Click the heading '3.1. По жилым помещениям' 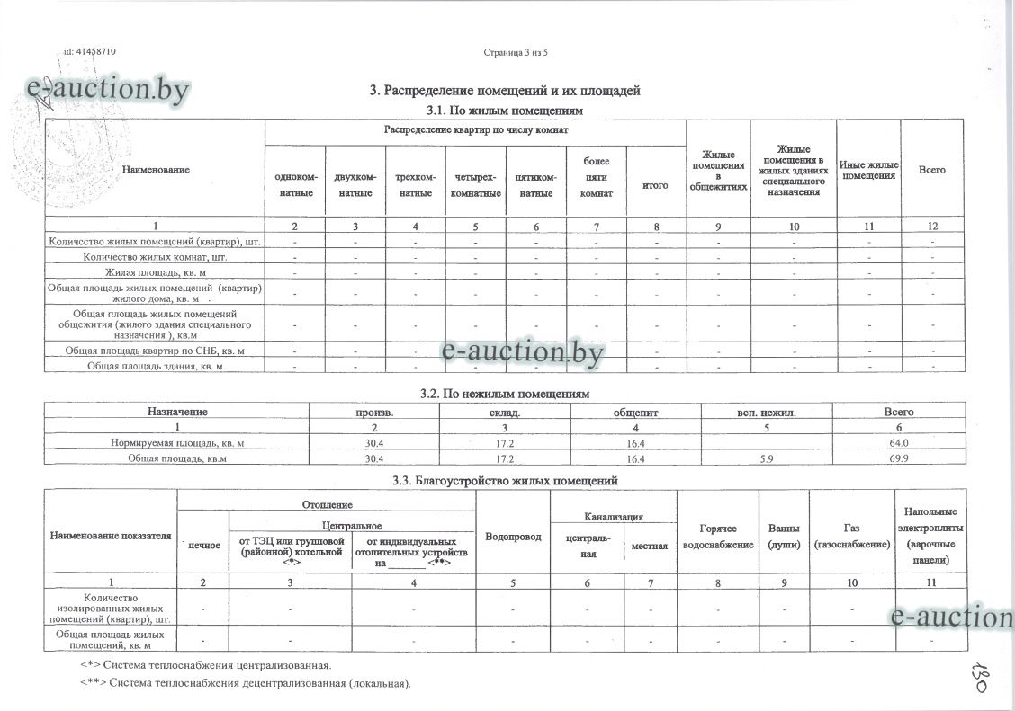click(504, 110)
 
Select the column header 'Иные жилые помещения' click(868, 170)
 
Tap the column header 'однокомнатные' click(295, 185)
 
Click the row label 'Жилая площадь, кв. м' click(154, 272)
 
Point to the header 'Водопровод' click(513, 537)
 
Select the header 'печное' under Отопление click(203, 545)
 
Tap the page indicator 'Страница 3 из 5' click(516, 52)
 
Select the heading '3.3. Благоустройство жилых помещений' click(505, 481)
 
